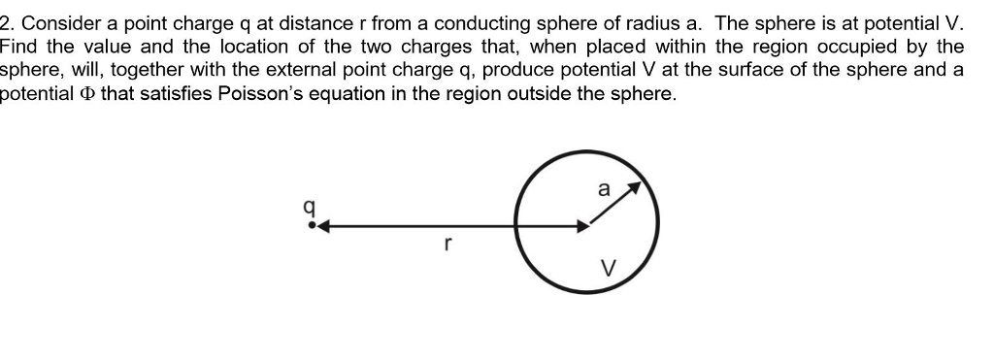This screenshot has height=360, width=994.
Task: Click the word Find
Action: (19, 47)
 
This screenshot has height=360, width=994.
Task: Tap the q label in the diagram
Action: (310, 206)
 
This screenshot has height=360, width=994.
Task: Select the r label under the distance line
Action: (447, 245)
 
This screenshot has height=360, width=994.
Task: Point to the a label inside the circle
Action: (603, 190)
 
